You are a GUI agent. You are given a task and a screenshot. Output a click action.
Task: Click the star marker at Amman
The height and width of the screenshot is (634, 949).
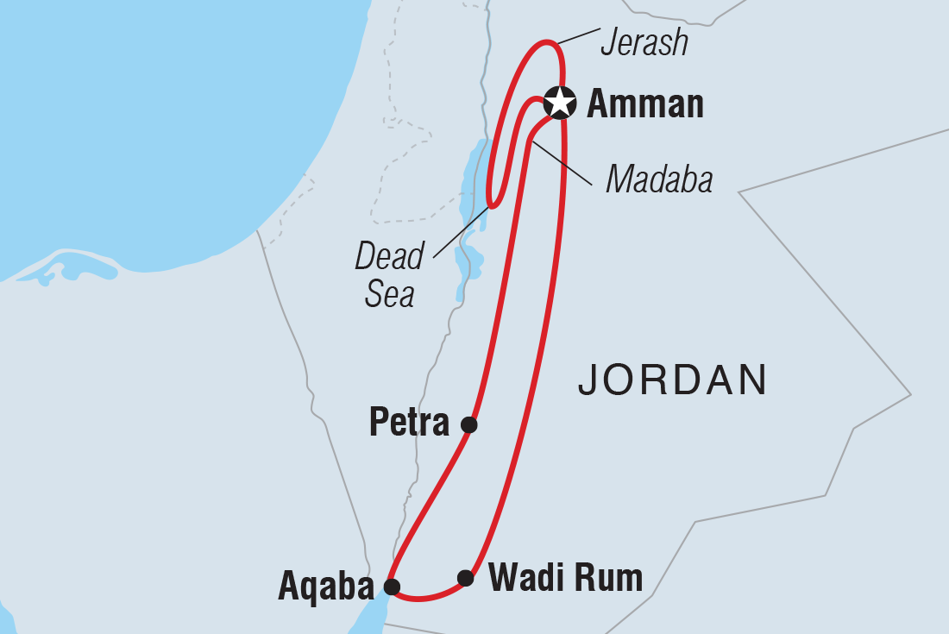[561, 103]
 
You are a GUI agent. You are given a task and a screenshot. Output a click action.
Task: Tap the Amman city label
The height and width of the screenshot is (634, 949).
[644, 104]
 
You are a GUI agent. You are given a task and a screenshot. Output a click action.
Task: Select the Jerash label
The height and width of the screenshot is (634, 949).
[644, 42]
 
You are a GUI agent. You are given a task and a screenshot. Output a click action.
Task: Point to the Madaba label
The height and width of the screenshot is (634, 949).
[659, 179]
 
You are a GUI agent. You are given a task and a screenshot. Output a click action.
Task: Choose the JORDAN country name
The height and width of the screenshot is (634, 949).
[673, 380]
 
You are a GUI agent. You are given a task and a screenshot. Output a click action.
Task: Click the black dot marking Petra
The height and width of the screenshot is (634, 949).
[468, 424]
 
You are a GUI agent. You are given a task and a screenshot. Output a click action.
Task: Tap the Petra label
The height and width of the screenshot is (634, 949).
[409, 424]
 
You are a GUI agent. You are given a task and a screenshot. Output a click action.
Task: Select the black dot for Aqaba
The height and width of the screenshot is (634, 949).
[392, 587]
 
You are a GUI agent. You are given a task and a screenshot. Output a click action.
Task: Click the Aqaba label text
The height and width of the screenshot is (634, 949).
[327, 588]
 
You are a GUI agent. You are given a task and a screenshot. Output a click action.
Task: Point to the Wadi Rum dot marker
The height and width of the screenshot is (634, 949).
[466, 578]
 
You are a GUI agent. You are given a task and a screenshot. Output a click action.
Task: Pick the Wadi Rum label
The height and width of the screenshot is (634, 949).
[565, 578]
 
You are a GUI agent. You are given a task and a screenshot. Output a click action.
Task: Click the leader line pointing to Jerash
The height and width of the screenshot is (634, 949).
[578, 35]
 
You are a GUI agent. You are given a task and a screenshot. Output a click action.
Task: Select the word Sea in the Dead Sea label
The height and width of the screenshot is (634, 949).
[390, 295]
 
